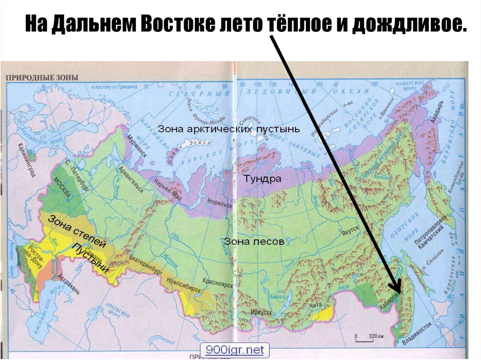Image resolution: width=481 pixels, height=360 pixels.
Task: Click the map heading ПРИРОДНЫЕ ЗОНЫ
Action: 42,77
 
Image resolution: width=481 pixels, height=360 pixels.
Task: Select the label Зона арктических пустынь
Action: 228,129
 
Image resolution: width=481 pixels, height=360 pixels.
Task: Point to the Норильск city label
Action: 220,205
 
